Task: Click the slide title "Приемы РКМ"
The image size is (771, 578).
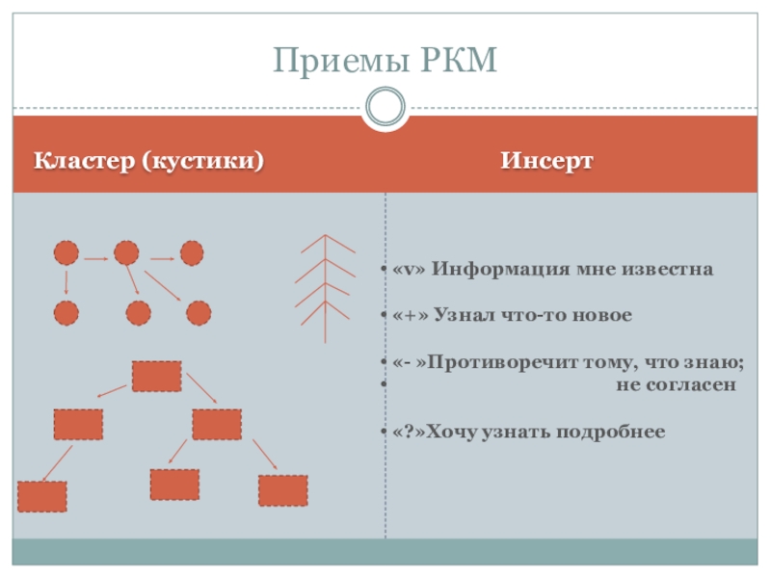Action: (x=385, y=61)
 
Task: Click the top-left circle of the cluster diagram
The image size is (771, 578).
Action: (x=66, y=253)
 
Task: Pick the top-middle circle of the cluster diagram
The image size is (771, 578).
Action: (x=126, y=253)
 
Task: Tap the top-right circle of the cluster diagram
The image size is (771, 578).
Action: (x=192, y=253)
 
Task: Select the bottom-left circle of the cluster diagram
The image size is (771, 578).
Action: (x=66, y=313)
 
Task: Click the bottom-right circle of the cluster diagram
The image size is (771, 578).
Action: (x=199, y=313)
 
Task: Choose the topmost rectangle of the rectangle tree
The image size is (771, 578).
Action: (x=156, y=376)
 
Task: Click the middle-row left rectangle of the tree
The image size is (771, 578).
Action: (x=78, y=424)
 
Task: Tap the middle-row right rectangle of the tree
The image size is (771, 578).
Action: (x=216, y=424)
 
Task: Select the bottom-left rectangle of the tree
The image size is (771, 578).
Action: (x=42, y=496)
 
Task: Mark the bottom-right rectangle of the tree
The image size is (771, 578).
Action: (x=282, y=490)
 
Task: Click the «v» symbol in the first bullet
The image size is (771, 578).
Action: (x=409, y=269)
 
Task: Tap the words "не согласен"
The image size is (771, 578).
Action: (x=676, y=384)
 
